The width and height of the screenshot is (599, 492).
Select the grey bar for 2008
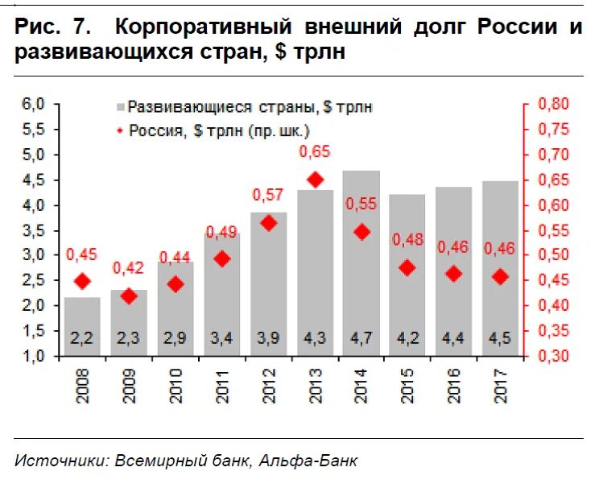tap(82, 326)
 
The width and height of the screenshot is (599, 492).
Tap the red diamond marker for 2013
tap(316, 180)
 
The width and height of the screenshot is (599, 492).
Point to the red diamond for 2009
tap(129, 296)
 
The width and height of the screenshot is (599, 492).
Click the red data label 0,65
tap(315, 151)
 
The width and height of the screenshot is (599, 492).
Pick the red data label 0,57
tap(269, 194)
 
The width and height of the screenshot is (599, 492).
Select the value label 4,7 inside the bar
tap(361, 339)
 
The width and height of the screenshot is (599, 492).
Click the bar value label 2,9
tap(176, 339)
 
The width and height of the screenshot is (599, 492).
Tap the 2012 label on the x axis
tap(269, 384)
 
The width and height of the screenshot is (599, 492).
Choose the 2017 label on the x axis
tap(501, 384)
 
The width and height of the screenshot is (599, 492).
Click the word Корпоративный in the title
tap(203, 27)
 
